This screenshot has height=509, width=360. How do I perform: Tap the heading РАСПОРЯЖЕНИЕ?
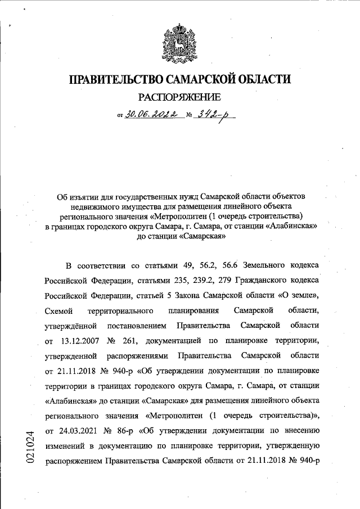(x=179, y=98)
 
